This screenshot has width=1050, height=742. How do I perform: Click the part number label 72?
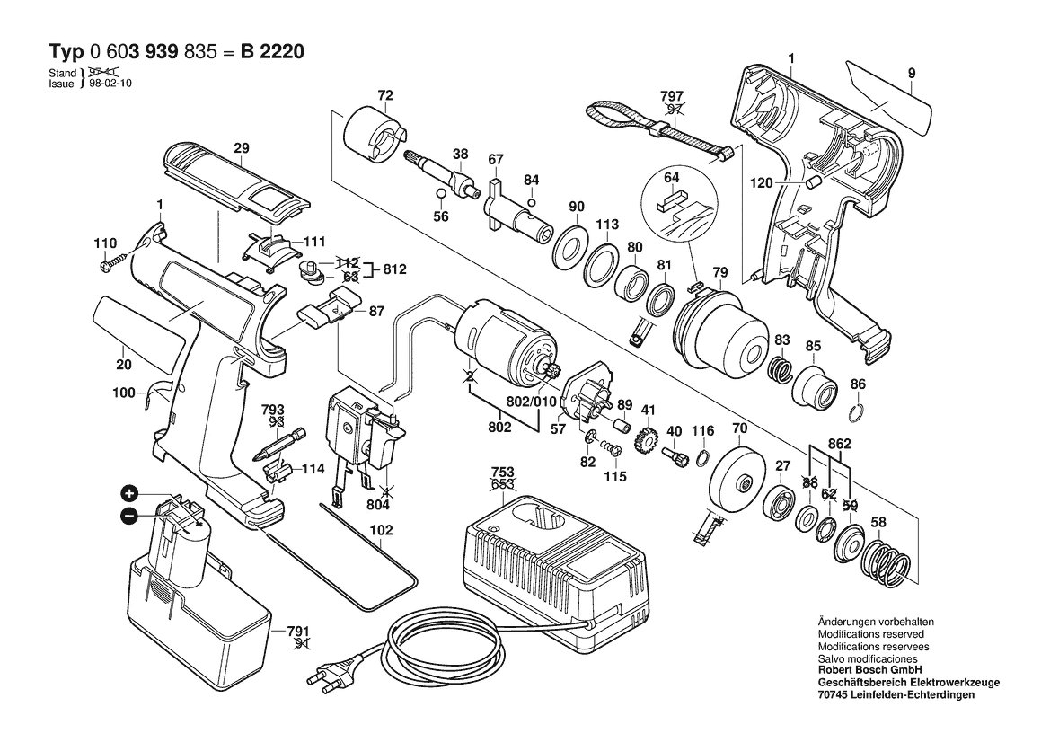click(385, 95)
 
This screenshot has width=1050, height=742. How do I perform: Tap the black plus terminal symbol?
click(130, 493)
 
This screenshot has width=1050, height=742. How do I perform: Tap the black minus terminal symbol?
click(129, 516)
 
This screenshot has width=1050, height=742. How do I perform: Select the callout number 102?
click(382, 530)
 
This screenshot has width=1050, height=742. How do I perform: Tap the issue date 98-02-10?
click(108, 83)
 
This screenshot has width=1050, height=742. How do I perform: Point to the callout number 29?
click(241, 147)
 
